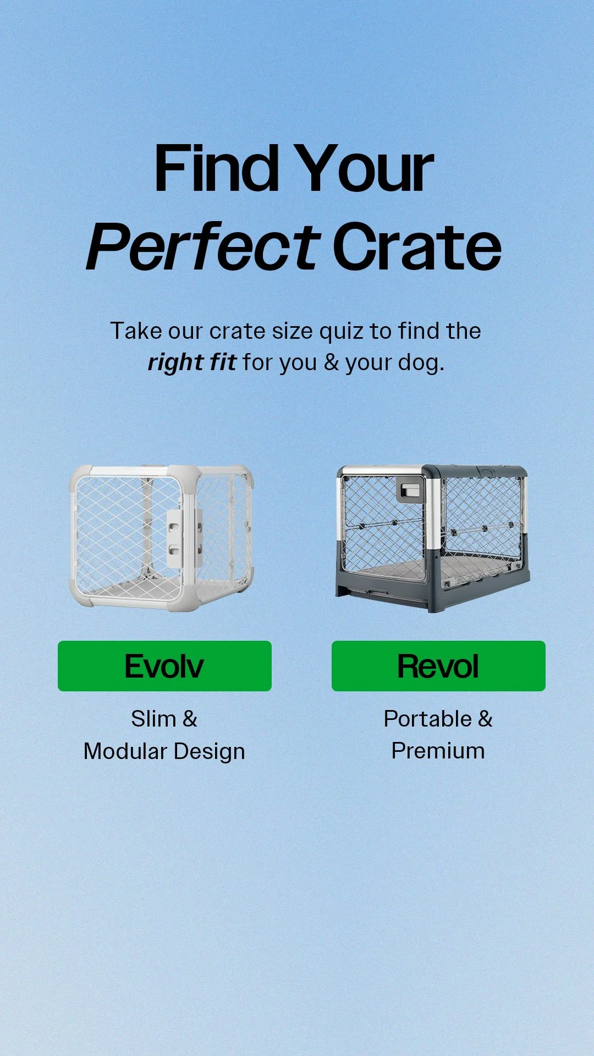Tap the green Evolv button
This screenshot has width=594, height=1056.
pyautogui.click(x=164, y=665)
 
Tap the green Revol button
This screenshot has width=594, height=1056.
pyautogui.click(x=438, y=665)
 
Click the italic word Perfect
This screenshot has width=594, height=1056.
pyautogui.click(x=203, y=247)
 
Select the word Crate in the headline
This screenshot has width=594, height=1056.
pyautogui.click(x=417, y=247)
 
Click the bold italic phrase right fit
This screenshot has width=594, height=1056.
pyautogui.click(x=192, y=362)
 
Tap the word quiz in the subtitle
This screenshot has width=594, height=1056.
pyautogui.click(x=342, y=332)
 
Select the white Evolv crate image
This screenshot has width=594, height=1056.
pyautogui.click(x=161, y=537)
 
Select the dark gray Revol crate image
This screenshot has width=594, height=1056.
pyautogui.click(x=433, y=537)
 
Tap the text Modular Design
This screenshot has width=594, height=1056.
pyautogui.click(x=164, y=751)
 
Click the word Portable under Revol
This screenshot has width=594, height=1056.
pyautogui.click(x=427, y=719)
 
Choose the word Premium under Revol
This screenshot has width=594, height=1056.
pyautogui.click(x=438, y=751)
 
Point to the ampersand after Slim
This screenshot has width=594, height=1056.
pyautogui.click(x=190, y=719)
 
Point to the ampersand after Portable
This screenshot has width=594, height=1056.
pyautogui.click(x=485, y=719)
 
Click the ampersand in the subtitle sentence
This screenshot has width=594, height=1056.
pyautogui.click(x=331, y=362)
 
